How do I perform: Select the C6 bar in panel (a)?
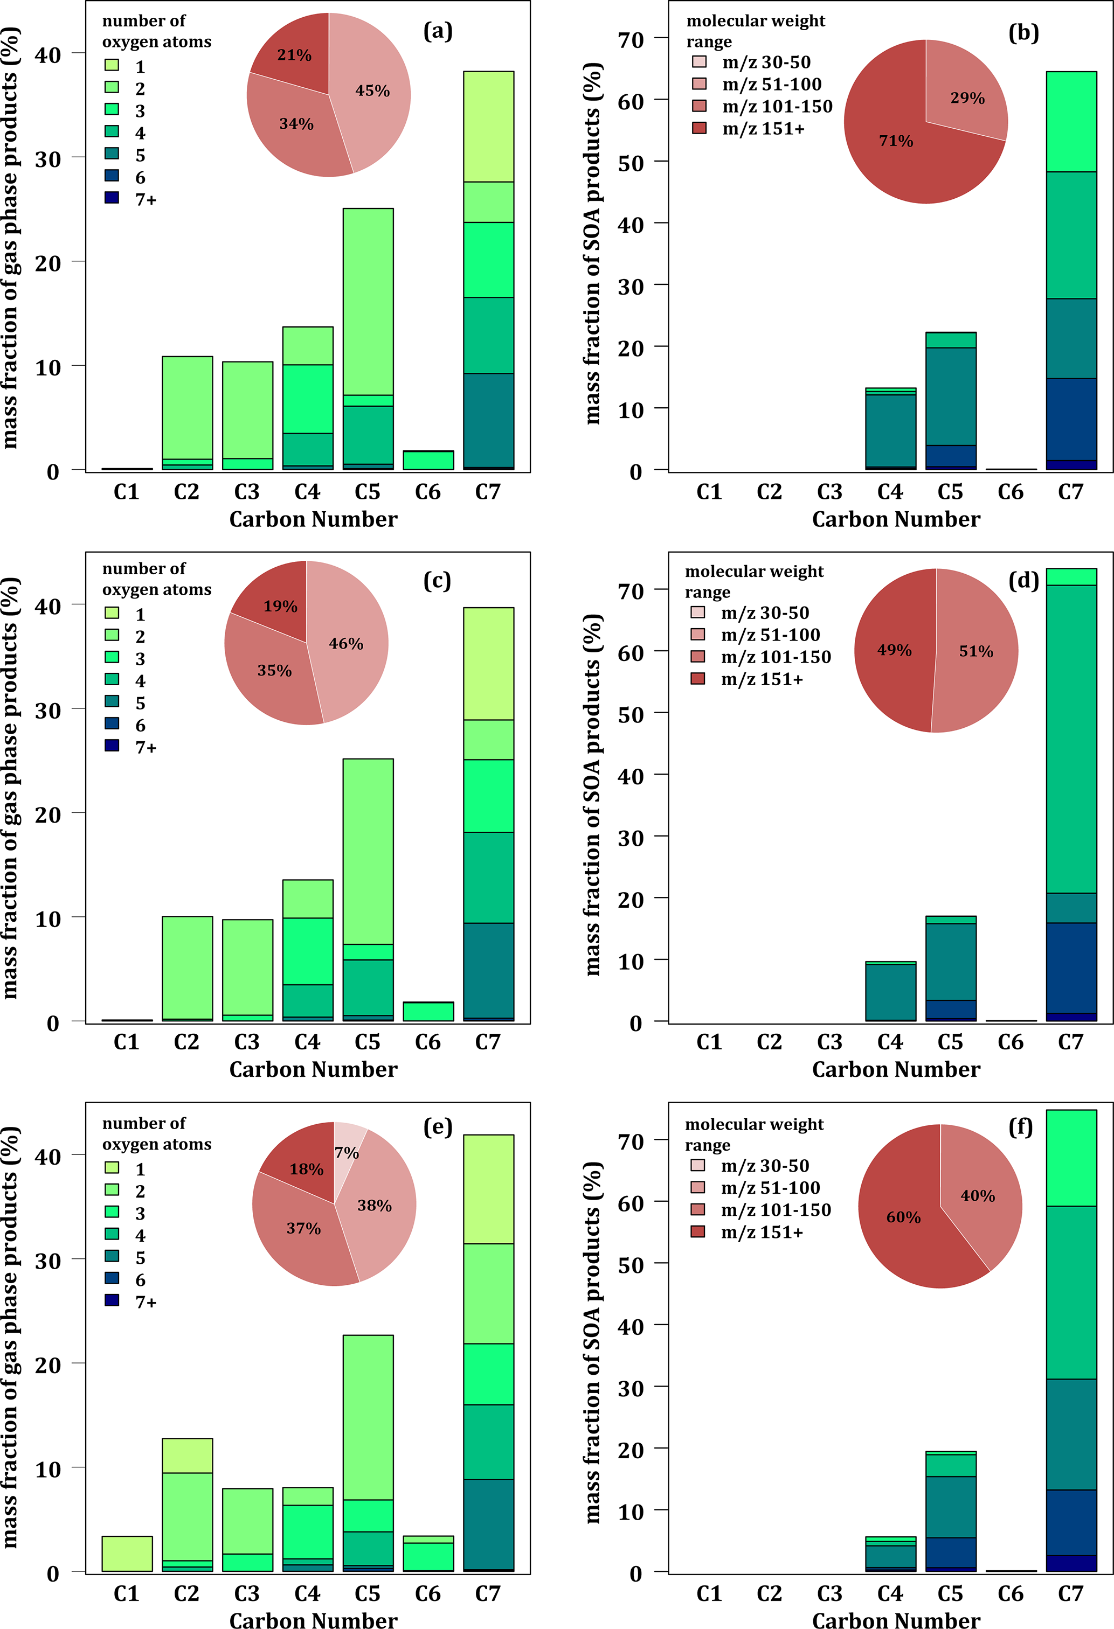pyautogui.click(x=427, y=461)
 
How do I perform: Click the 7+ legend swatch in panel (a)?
pyautogui.click(x=112, y=198)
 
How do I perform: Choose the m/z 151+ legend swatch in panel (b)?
pyautogui.click(x=699, y=128)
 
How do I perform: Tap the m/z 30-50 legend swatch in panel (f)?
pyautogui.click(x=697, y=1166)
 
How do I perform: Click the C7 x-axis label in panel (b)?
pyautogui.click(x=1070, y=492)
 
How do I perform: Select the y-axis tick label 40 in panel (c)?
pyautogui.click(x=47, y=607)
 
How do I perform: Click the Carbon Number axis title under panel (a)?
pyautogui.click(x=313, y=519)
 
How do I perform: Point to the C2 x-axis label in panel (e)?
pyautogui.click(x=186, y=1594)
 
